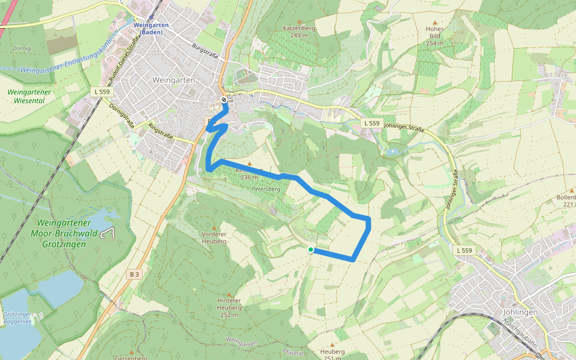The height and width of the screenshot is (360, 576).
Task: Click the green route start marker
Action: point(310,250)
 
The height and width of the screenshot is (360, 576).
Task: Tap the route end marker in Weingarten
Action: point(224,100)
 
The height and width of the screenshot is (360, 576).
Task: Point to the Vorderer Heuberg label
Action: point(214,238)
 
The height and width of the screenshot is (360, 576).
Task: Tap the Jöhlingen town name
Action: point(519,312)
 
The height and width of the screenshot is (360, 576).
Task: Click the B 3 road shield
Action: point(134,274)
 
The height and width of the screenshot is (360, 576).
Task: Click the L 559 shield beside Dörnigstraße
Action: point(103,92)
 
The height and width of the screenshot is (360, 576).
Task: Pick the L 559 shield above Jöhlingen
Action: point(464,250)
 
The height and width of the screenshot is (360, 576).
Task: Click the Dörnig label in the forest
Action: point(22,48)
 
